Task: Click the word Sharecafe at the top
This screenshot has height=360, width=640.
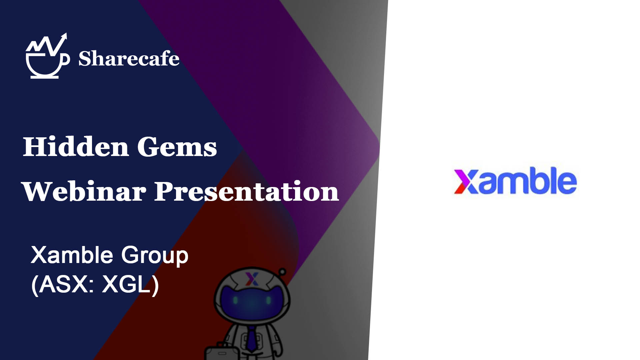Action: point(129,58)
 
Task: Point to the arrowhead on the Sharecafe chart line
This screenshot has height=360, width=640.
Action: point(64,37)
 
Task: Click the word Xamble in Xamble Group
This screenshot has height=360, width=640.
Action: point(72,255)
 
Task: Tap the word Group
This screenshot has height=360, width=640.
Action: point(155,256)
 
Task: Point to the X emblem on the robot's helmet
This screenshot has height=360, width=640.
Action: point(252,279)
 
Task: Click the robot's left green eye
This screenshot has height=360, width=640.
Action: point(235,300)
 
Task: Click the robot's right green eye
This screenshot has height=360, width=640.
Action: point(268,300)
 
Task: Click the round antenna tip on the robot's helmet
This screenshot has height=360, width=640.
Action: point(282,271)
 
